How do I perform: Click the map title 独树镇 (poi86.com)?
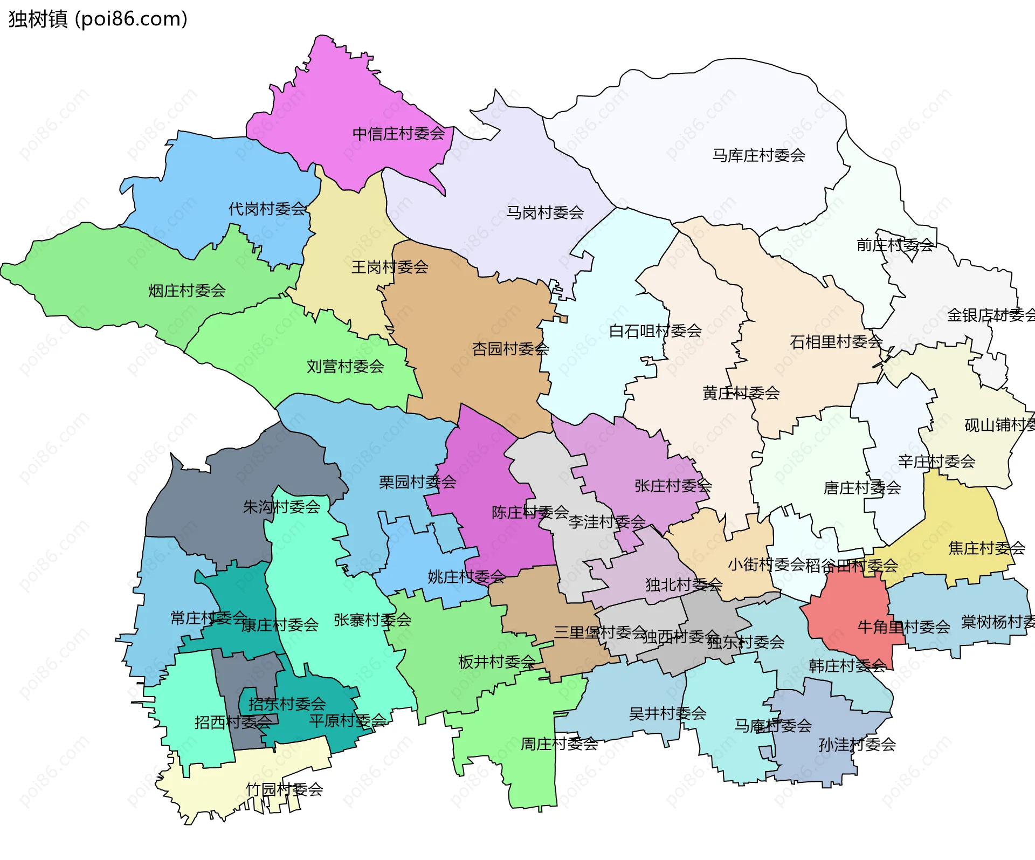pyautogui.click(x=98, y=19)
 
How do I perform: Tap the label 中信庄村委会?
pyautogui.click(x=398, y=134)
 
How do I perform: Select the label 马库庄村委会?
pyautogui.click(x=758, y=156)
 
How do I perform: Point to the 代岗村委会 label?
pyautogui.click(x=267, y=209)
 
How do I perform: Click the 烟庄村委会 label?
pyautogui.click(x=187, y=291)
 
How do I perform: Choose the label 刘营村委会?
pyautogui.click(x=345, y=367)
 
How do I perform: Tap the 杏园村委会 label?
pyautogui.click(x=510, y=349)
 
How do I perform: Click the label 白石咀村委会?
pyautogui.click(x=655, y=331)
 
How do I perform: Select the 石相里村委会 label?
pyautogui.click(x=836, y=342)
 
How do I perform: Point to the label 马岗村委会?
pyautogui.click(x=544, y=213)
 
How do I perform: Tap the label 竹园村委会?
pyautogui.click(x=284, y=790)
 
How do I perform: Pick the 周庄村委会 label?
pyautogui.click(x=559, y=744)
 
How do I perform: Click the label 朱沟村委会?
pyautogui.click(x=281, y=507)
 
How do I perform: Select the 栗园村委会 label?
pyautogui.click(x=417, y=482)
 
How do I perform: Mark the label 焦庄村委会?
pyautogui.click(x=986, y=548)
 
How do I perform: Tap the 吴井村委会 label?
pyautogui.click(x=667, y=714)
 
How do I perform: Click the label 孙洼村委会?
pyautogui.click(x=857, y=745)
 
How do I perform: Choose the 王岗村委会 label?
pyautogui.click(x=390, y=267)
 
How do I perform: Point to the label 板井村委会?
pyautogui.click(x=496, y=662)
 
